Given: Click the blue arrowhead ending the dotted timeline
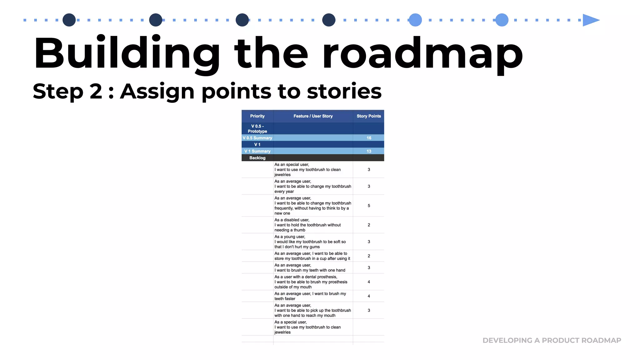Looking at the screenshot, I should (590, 20).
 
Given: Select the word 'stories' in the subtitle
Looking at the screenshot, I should (344, 91).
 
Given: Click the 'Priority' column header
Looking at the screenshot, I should (257, 116).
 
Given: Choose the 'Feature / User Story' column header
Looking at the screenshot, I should (313, 116).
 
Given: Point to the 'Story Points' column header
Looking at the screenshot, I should (369, 116).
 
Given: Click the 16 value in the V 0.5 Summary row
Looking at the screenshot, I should (369, 138).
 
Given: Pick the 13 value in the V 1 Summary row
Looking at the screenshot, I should (369, 151).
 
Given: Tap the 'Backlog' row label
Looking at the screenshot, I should (257, 158).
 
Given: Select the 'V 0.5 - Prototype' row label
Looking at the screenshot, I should (257, 129).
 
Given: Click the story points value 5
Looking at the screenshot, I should (369, 206).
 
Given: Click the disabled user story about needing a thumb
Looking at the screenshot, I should (307, 225).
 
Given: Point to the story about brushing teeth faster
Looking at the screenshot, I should (310, 296).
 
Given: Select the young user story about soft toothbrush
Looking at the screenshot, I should (310, 242).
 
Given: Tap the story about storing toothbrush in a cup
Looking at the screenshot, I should (312, 256).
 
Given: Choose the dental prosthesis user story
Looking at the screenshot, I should (311, 282).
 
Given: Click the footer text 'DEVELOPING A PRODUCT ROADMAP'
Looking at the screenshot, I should (552, 340).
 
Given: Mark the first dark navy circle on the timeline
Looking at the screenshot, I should (69, 20).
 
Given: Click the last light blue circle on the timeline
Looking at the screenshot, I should (502, 20).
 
